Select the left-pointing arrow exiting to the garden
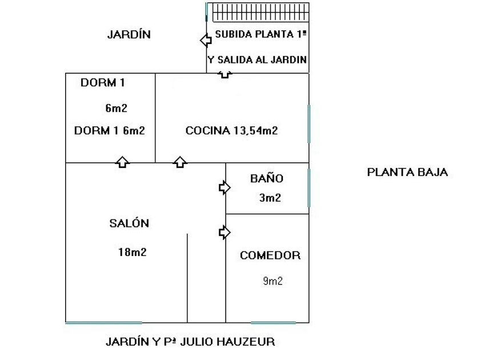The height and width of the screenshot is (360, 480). coord(205,41)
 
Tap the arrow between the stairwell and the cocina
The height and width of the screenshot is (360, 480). coord(225,74)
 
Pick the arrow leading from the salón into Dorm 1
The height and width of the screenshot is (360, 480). coord(122,162)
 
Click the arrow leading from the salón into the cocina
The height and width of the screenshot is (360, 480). coord(180,162)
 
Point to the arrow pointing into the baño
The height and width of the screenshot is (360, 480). coord(225,187)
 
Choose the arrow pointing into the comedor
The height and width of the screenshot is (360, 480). coord(225,232)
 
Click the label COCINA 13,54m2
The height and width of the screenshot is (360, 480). coord(231,130)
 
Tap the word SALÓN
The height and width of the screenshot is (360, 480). coord(129,223)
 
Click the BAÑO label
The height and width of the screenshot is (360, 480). coord(266,178)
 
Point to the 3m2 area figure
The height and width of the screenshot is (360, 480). coord(269,198)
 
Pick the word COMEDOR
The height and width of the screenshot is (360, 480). coord(270,255)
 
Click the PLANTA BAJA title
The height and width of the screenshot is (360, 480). coord(407,172)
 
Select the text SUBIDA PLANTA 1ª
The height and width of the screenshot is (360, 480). coord(261,34)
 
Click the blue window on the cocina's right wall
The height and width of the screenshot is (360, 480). coord(309,123)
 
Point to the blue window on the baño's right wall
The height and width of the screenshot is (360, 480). coord(309,187)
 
